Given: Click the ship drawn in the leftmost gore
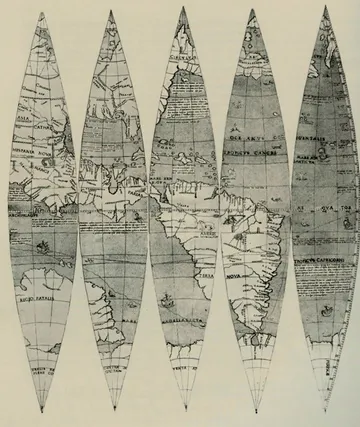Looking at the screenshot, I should click(x=40, y=244).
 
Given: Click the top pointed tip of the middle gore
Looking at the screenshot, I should click(x=183, y=9).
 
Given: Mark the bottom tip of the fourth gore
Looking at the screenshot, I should click(x=254, y=411).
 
